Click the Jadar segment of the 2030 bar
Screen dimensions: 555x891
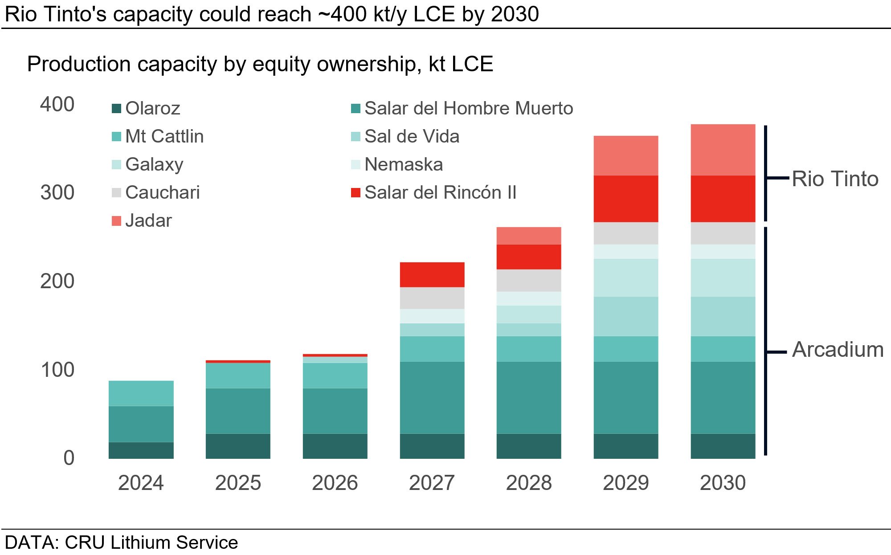coord(723,150)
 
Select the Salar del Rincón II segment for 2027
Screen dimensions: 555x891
coord(432,274)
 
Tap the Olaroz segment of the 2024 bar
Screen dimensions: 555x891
coord(141,450)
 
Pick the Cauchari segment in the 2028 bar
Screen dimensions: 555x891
coord(528,280)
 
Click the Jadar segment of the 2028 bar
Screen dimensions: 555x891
coord(528,236)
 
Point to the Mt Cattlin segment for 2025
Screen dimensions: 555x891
coord(238,375)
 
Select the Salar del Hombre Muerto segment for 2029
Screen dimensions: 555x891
coord(625,397)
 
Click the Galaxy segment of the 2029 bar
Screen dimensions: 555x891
coord(625,277)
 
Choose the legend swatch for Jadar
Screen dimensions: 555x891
coord(116,221)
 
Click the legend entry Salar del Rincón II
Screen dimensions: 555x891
coord(440,192)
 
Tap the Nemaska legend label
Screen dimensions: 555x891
coord(404,164)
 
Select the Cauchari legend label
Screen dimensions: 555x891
coord(163,192)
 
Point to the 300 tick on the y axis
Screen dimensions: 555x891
coord(57,192)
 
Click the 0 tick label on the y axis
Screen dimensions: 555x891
coord(69,458)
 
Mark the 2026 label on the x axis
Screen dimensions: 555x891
coord(335,483)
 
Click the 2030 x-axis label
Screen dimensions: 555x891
coord(723,483)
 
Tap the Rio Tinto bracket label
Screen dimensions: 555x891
coord(835,179)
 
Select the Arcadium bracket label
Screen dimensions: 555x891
coord(838,350)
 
